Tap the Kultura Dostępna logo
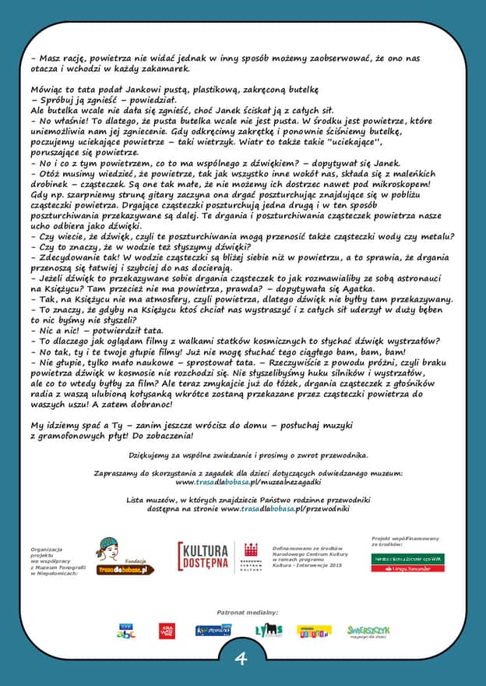coord(204,557)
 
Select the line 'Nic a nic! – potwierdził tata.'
coord(97,330)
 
